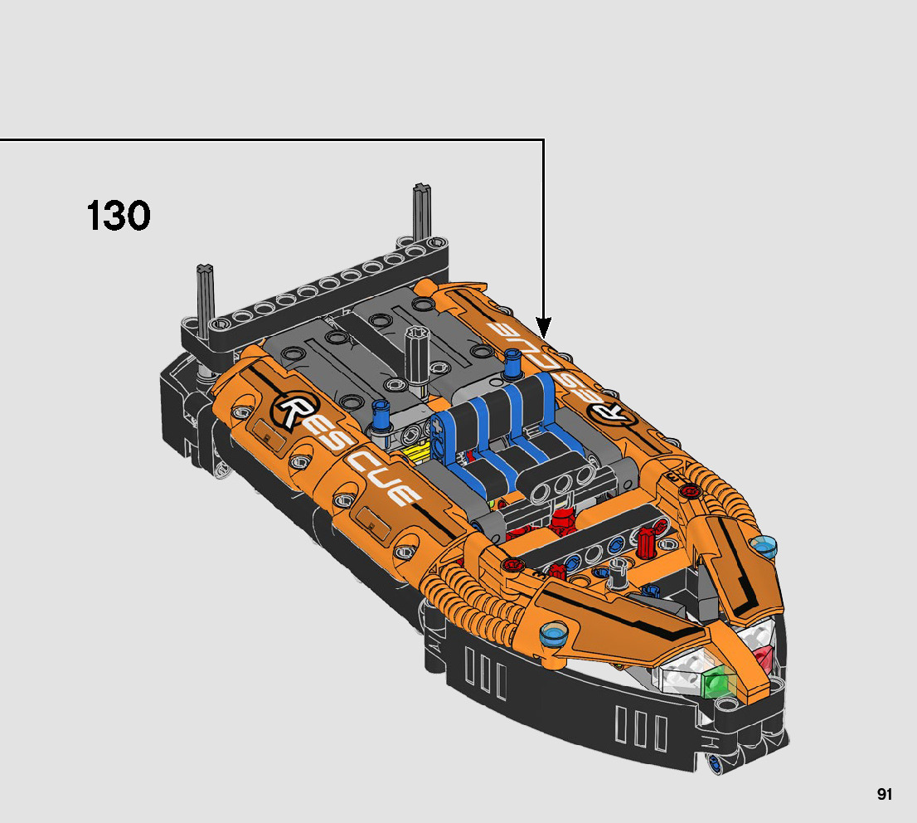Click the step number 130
[119, 216]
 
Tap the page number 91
[884, 794]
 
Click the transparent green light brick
[717, 683]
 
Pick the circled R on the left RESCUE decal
[294, 410]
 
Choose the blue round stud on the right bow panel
[764, 545]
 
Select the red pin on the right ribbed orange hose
[687, 492]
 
